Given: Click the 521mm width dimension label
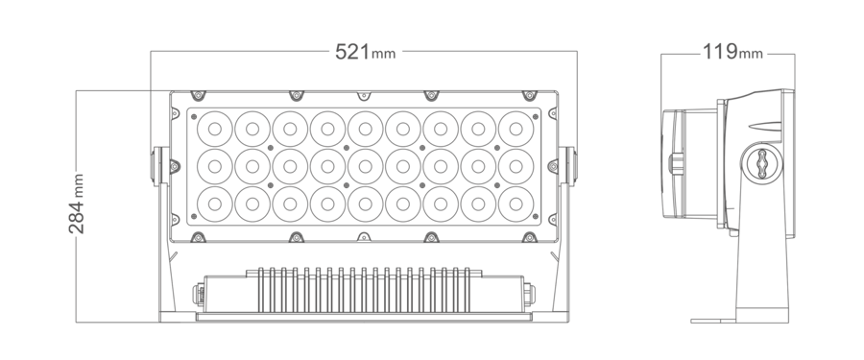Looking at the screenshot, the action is pos(366,52).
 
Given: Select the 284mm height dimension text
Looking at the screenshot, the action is pos(77,204).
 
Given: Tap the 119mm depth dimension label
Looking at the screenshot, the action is pos(732,52).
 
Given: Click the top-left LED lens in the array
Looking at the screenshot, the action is pos(215,129).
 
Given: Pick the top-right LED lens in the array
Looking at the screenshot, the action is pos(516,129).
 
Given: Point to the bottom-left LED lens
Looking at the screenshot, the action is pos(215,204).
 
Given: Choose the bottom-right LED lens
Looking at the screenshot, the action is pos(516,204).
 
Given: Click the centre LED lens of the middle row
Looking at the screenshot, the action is pos(366,166).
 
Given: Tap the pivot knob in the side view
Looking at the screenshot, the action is pos(762,164).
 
